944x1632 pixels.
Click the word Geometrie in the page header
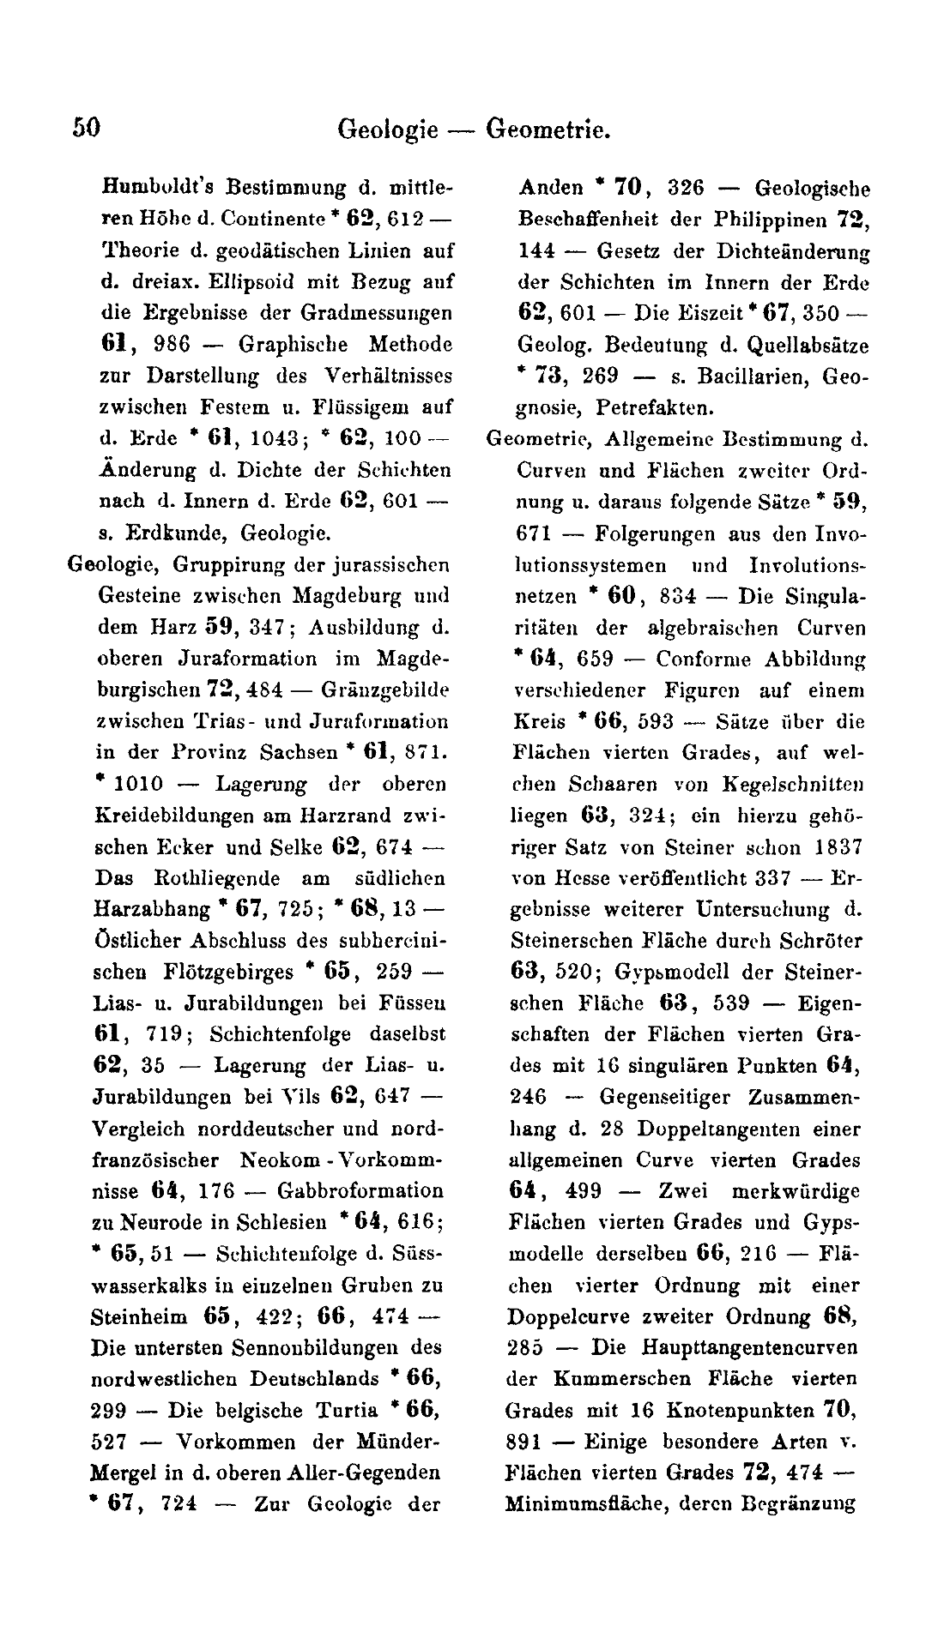pyautogui.click(x=548, y=129)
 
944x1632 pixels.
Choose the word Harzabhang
pyautogui.click(x=151, y=909)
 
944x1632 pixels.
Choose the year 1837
pyautogui.click(x=838, y=847)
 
